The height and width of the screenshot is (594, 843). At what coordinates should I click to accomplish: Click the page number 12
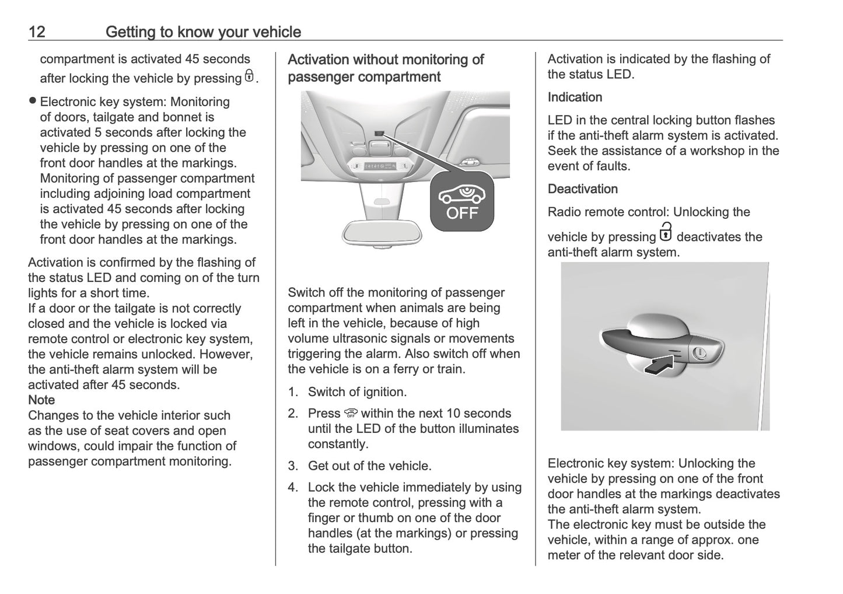(x=36, y=32)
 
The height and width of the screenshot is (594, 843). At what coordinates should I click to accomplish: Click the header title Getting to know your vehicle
(x=203, y=32)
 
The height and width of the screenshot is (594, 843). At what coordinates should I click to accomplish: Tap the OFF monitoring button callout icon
(x=461, y=201)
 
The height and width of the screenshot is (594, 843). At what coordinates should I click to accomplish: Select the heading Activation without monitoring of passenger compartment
(x=386, y=68)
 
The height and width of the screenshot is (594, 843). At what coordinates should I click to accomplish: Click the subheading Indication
(x=575, y=97)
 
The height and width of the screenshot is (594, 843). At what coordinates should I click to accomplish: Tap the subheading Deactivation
(x=582, y=189)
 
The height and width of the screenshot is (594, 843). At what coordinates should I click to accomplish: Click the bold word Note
(x=41, y=400)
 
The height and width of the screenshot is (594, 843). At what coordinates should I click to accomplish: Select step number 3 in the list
(x=293, y=466)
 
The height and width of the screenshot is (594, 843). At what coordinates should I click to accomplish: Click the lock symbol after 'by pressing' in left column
(x=249, y=76)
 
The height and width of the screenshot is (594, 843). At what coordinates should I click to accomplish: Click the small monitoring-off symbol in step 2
(x=351, y=414)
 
